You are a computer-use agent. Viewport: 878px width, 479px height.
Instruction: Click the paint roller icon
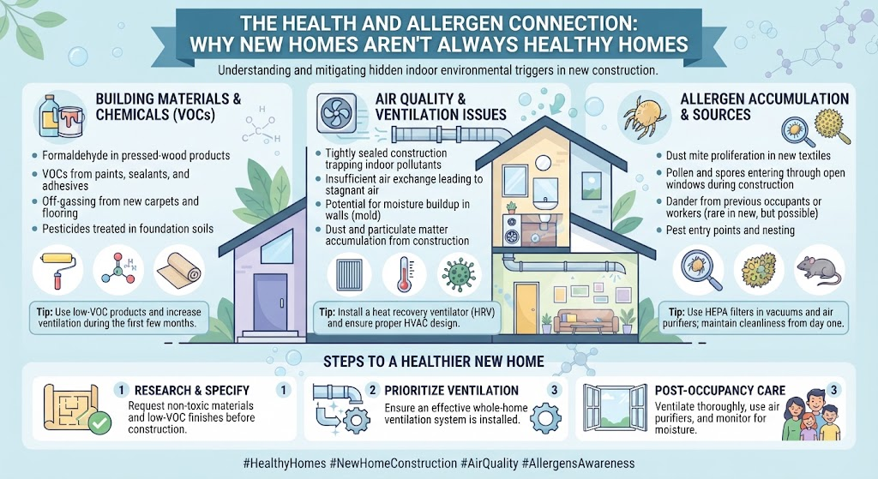(57, 270)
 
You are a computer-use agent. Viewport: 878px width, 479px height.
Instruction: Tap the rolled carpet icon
(178, 271)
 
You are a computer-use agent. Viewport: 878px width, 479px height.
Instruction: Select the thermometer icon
(404, 273)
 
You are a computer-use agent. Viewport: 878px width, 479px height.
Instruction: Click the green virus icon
(459, 273)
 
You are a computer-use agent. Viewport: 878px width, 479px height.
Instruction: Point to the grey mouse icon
(819, 270)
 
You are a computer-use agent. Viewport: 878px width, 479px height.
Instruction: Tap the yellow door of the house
(525, 308)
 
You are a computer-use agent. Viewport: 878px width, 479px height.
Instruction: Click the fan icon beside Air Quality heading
(336, 114)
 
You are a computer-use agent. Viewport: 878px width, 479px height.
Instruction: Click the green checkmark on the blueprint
(100, 423)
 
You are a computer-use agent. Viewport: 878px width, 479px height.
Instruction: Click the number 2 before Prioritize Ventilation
(372, 390)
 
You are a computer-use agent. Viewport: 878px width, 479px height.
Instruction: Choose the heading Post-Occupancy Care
(720, 390)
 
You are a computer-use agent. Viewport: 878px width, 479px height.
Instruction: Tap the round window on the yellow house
(542, 163)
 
